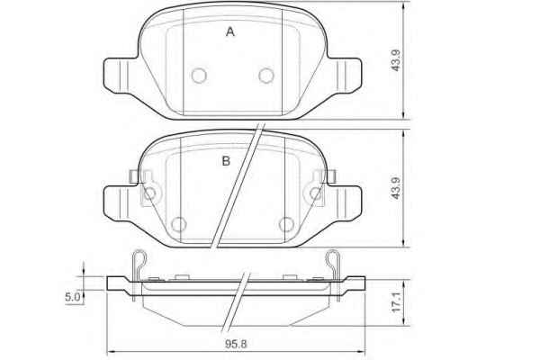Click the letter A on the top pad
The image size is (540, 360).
[x=230, y=32]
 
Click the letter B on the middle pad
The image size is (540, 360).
[x=226, y=161]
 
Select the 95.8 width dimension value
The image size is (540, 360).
[x=236, y=344]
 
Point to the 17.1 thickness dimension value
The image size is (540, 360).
[x=397, y=302]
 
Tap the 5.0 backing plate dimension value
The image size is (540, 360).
[x=72, y=297]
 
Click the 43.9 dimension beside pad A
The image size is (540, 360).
[x=396, y=60]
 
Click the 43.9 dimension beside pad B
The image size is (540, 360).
[x=396, y=188]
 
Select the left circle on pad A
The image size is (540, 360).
[x=199, y=76]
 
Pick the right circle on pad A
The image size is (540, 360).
[x=266, y=76]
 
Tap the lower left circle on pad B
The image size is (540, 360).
[x=179, y=225]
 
